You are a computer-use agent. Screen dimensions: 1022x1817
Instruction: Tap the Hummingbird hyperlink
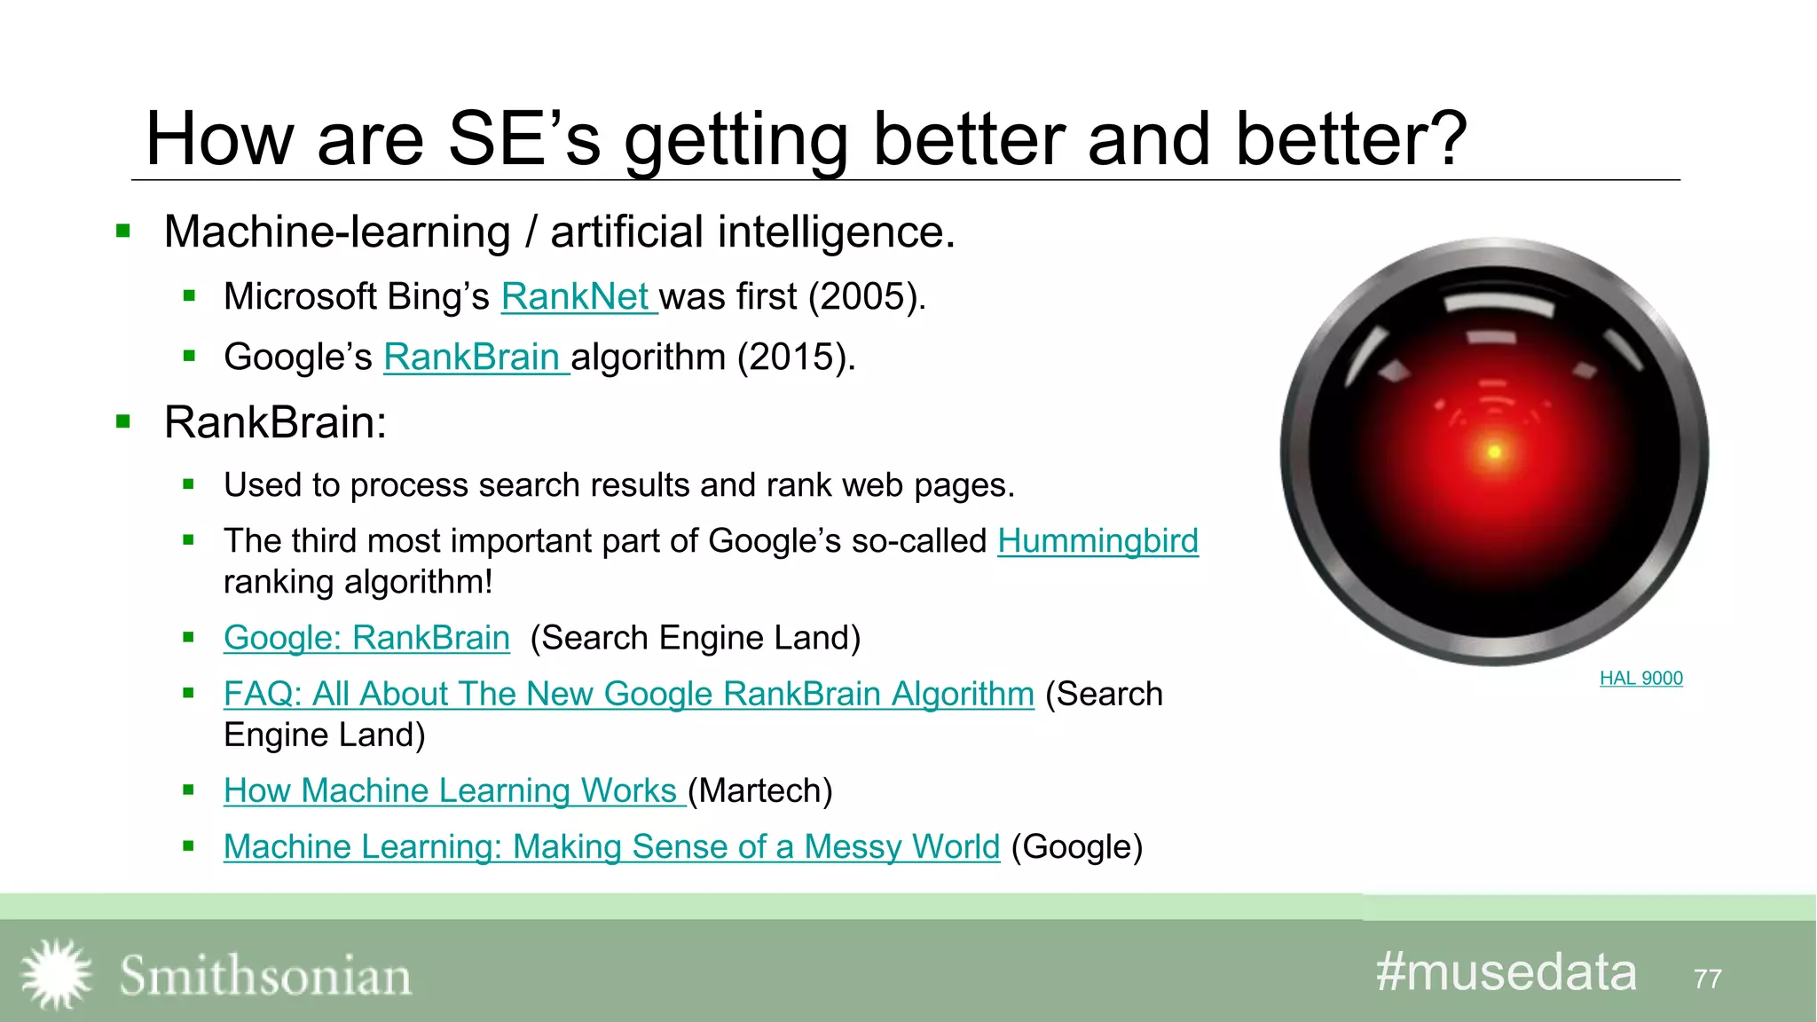[x=1097, y=541]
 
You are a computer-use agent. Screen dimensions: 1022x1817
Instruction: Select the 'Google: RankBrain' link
[x=366, y=638]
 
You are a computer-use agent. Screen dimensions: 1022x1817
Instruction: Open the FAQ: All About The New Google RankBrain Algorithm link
[x=628, y=694]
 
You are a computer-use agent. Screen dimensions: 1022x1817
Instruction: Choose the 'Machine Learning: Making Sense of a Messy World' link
[x=611, y=846]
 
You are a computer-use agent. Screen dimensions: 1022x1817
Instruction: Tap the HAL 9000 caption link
[x=1640, y=679]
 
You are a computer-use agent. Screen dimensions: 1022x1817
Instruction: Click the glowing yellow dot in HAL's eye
[x=1494, y=452]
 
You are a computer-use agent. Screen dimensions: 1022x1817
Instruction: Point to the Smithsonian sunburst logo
[x=56, y=974]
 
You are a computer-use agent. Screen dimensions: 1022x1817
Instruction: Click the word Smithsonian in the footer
[x=265, y=976]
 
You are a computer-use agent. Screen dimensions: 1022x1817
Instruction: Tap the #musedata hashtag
[x=1506, y=972]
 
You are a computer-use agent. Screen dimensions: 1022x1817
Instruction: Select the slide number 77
[x=1707, y=979]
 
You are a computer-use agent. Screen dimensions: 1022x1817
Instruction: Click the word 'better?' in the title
[x=1350, y=139]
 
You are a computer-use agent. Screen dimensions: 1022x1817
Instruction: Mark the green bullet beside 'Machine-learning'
[x=123, y=232]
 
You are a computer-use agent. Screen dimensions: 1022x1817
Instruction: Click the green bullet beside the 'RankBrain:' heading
[x=123, y=422]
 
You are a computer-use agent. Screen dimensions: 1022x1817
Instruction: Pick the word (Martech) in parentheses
[x=760, y=790]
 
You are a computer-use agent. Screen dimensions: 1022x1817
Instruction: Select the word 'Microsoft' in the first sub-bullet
[x=300, y=297]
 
